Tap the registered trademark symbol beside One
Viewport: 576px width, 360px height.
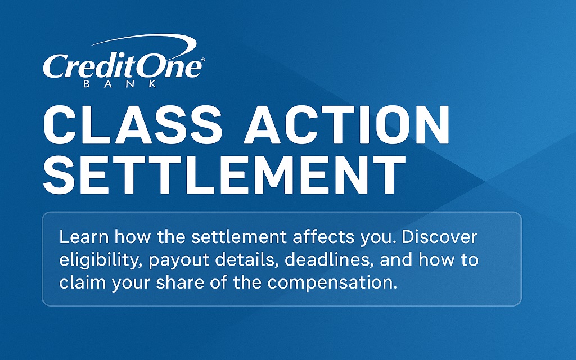(x=203, y=58)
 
